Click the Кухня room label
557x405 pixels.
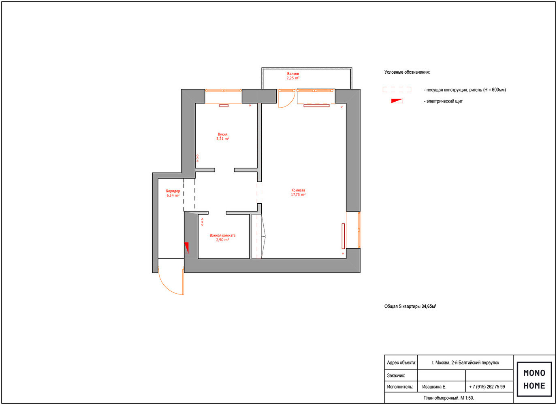point(222,134)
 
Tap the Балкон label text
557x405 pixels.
point(293,74)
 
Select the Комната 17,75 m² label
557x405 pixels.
point(298,192)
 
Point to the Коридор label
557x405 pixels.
point(173,191)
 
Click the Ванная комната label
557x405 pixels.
point(222,235)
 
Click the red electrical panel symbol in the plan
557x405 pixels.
point(186,247)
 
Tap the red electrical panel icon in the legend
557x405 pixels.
point(397,101)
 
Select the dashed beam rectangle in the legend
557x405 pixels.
point(397,90)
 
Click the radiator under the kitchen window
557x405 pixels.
point(224,106)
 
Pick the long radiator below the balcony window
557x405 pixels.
point(316,106)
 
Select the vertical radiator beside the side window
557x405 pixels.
point(343,236)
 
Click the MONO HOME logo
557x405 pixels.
point(534,379)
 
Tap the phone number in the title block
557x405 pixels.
point(487,387)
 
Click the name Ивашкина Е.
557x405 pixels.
point(434,387)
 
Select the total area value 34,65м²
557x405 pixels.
point(429,306)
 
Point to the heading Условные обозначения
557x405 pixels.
point(407,72)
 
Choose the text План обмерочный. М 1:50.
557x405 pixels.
point(448,398)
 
